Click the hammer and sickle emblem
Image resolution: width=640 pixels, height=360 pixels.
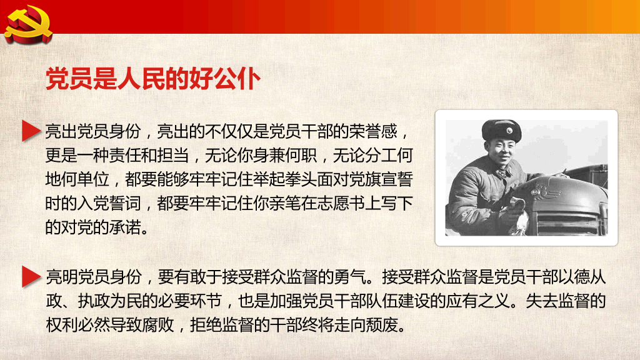(x=24, y=24)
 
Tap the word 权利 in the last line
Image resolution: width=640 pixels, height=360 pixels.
(x=61, y=325)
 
